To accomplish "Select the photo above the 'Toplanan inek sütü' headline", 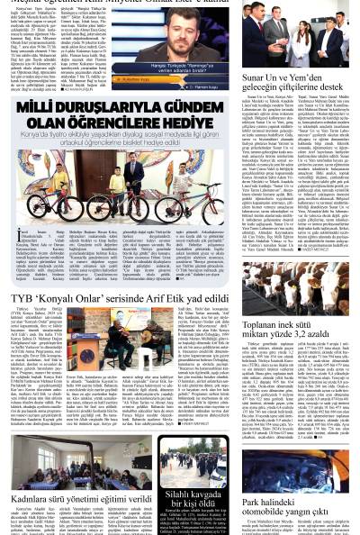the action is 295,285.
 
